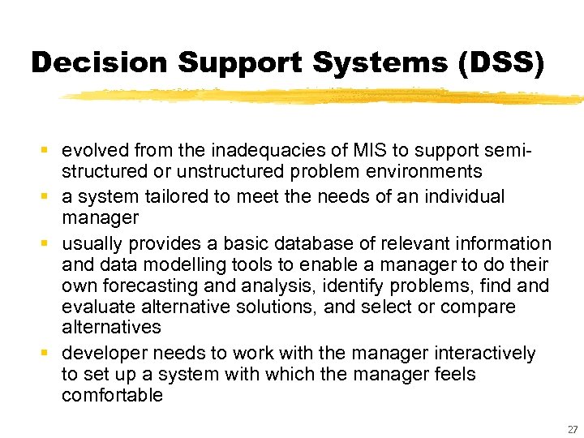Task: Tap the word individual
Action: point(463,196)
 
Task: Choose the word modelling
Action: point(172,264)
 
